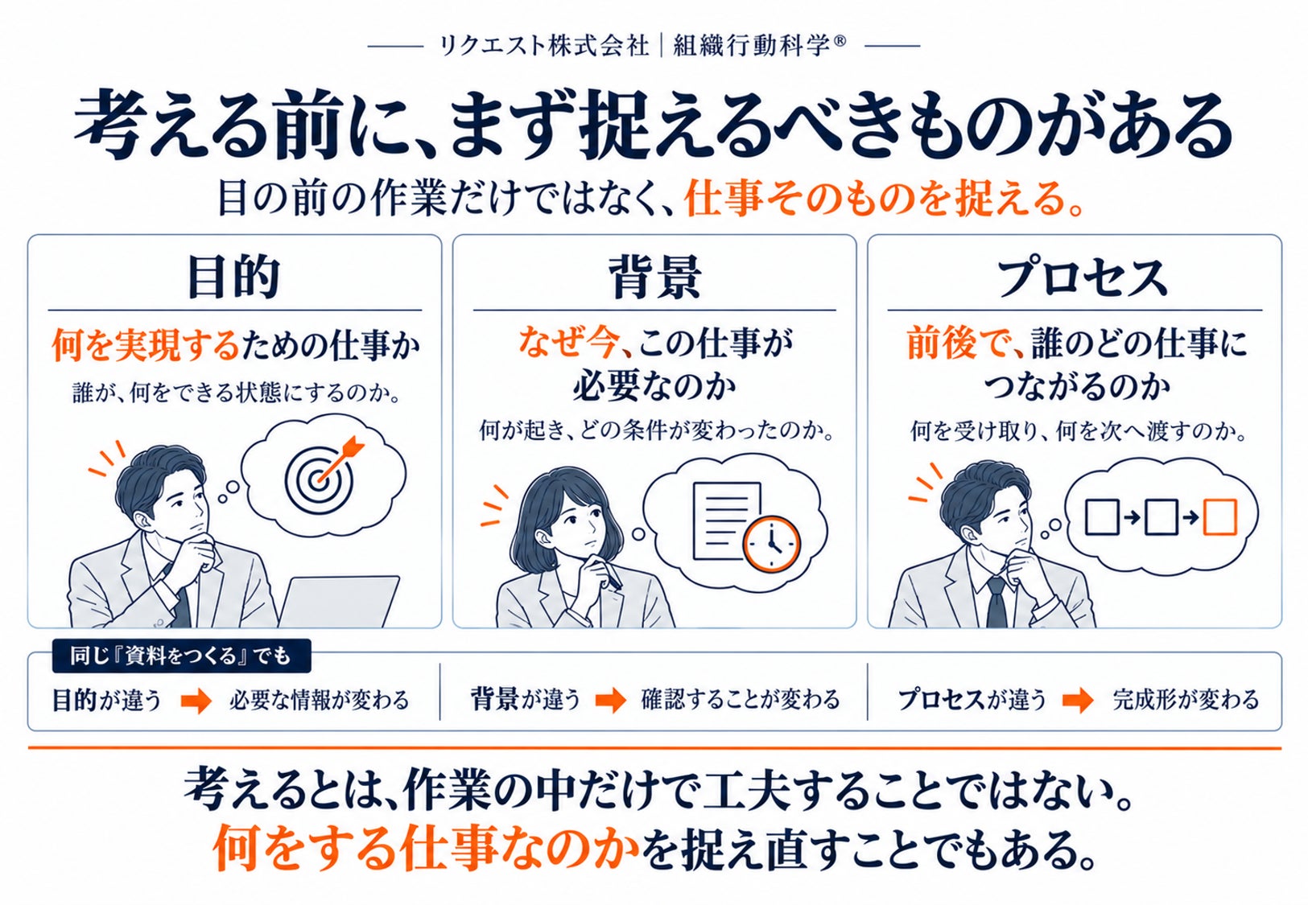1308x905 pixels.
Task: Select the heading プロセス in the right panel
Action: point(1082,278)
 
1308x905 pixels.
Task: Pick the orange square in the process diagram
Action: point(1219,517)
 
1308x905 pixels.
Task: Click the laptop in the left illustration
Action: point(339,602)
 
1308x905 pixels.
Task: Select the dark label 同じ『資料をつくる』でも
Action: point(181,656)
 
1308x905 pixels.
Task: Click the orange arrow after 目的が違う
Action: point(196,700)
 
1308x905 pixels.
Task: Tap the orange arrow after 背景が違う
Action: point(611,700)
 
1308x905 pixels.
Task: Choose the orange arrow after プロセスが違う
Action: point(1078,700)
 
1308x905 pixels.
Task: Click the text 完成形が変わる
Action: point(1186,700)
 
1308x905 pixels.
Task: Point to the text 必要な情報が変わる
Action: point(320,700)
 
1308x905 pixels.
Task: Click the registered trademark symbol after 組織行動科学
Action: point(840,41)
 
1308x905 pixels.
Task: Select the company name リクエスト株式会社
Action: point(544,46)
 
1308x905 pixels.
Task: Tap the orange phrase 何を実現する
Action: point(146,346)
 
